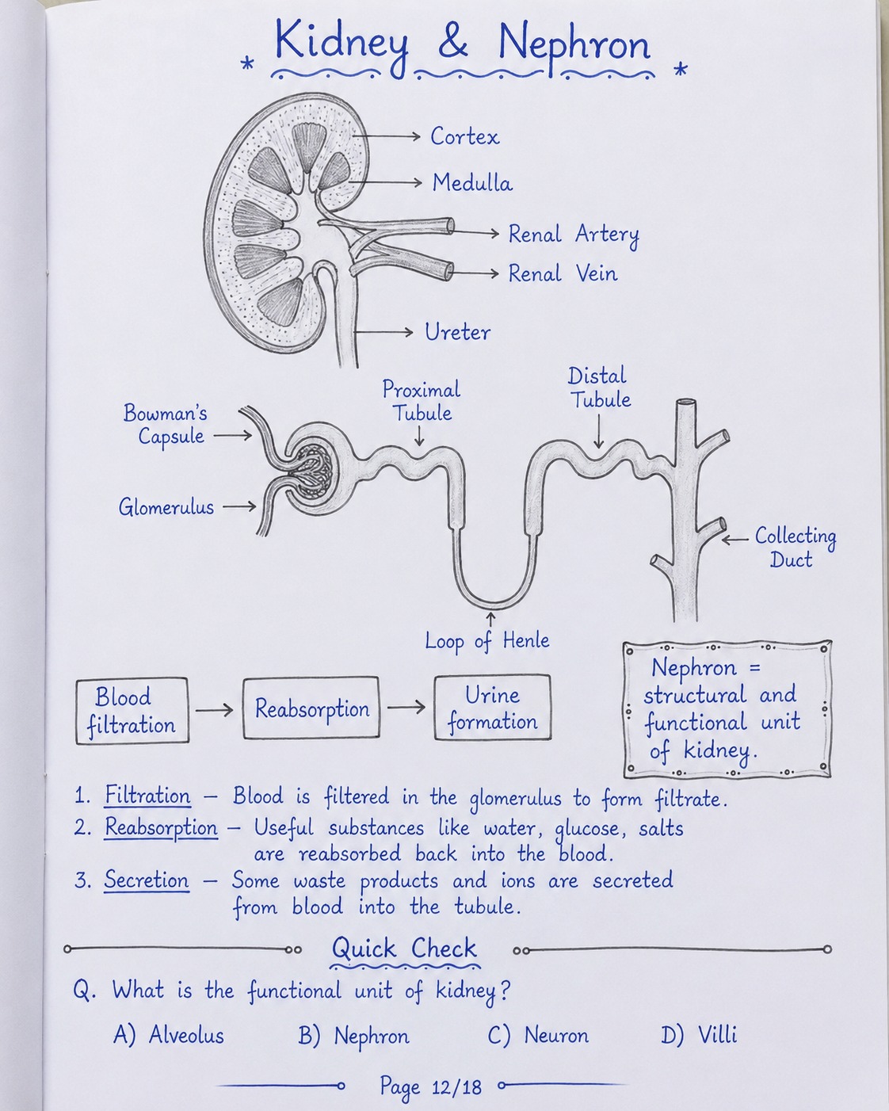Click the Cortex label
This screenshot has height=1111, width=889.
[x=464, y=136]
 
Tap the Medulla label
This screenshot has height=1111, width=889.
[x=472, y=182]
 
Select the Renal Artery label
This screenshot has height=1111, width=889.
[x=574, y=235]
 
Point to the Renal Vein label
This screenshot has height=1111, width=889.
[x=563, y=273]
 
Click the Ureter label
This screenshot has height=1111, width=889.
[x=457, y=332]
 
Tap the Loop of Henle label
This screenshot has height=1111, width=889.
[x=486, y=642]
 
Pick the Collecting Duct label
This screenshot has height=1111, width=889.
[x=795, y=548]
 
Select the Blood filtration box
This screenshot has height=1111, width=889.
[x=132, y=711]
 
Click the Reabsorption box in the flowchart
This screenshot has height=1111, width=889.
[x=311, y=708]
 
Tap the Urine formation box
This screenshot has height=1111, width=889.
[x=493, y=708]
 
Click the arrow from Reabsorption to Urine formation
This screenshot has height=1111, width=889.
[x=406, y=707]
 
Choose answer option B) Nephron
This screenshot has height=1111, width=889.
[x=353, y=1035]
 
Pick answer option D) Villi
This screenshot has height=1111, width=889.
[x=699, y=1035]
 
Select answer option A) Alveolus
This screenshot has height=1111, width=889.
[x=168, y=1035]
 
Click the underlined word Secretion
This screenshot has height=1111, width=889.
[x=147, y=880]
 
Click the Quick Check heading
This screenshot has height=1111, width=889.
[x=404, y=949]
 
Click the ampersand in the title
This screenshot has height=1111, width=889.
[x=453, y=42]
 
